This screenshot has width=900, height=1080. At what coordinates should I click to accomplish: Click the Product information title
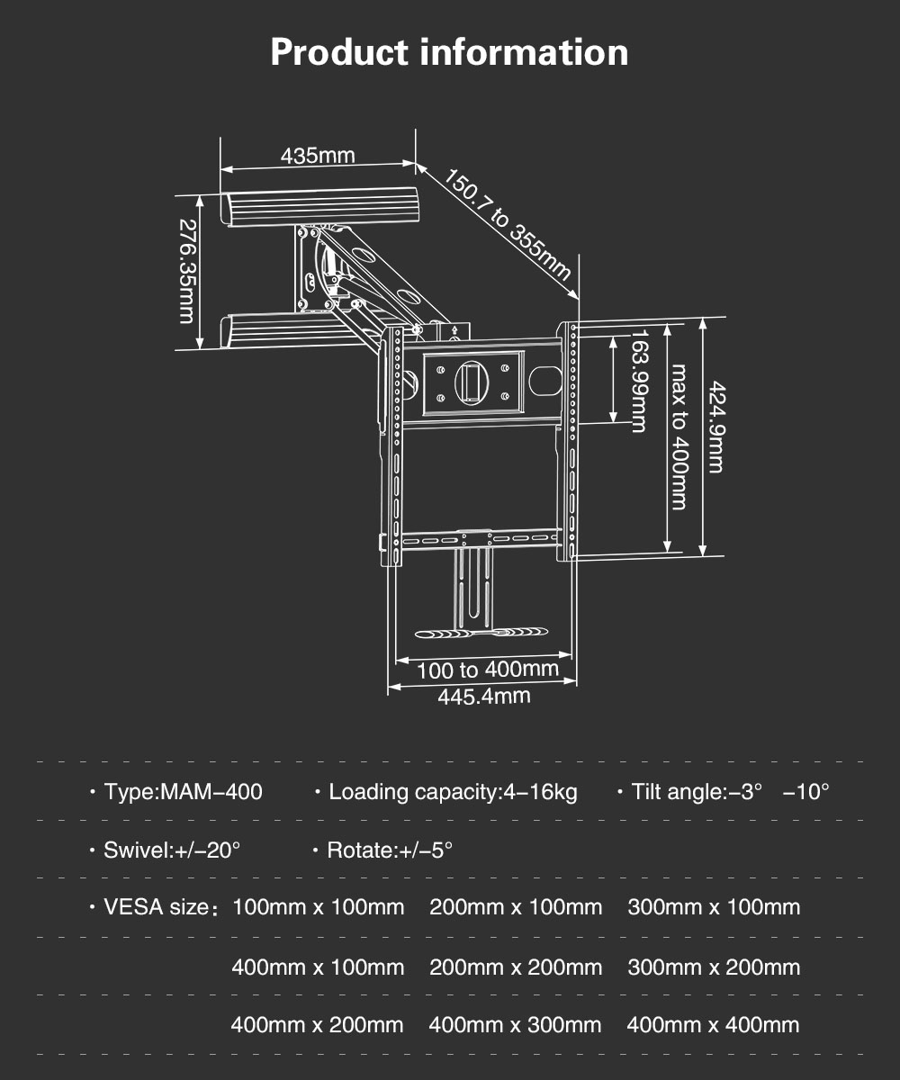tap(449, 53)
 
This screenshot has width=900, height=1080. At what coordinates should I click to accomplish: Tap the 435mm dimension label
tap(318, 155)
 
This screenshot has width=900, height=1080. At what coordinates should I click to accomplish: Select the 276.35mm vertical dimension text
tap(186, 272)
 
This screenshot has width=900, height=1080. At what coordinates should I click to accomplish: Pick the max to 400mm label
tap(679, 437)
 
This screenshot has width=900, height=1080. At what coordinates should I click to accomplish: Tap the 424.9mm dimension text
tap(716, 427)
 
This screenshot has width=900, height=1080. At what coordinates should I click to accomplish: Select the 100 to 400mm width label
tap(488, 670)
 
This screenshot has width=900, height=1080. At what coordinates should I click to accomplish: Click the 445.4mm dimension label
tap(484, 697)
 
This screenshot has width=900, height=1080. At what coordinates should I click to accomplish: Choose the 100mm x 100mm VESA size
tap(318, 907)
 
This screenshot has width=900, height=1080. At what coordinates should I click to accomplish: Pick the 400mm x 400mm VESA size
tap(714, 1025)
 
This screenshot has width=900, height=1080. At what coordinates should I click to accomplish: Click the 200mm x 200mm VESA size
tap(516, 967)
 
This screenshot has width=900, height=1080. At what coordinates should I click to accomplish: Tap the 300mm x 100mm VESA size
tap(714, 907)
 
